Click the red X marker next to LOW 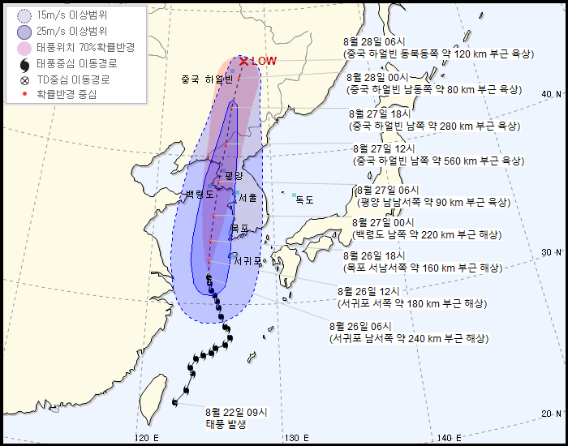point(243,61)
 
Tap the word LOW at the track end point(265,61)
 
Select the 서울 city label point(247,197)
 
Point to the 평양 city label point(234,175)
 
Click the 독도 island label point(304,199)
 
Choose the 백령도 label point(199,195)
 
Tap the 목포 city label point(239,229)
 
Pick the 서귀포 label point(248,261)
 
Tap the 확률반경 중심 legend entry point(66,94)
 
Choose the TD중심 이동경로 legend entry point(72,79)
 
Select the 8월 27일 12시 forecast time point(384,148)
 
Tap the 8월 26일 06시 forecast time point(362,326)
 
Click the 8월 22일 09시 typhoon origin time point(236,412)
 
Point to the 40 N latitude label point(552,95)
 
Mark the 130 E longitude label point(294,438)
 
